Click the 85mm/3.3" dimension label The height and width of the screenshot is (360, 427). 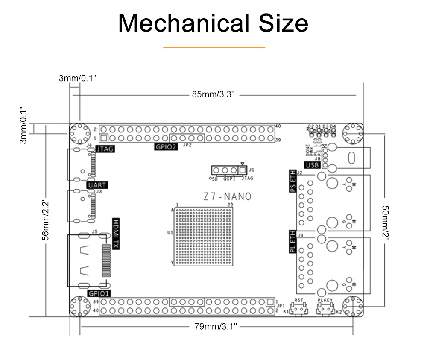(213, 94)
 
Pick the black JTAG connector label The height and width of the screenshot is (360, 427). (105, 149)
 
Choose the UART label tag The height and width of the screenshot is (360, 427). (97, 185)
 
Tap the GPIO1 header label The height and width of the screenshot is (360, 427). (99, 293)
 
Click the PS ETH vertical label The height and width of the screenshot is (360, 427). (292, 181)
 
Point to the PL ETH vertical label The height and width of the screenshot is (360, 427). (292, 242)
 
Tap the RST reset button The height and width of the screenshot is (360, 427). (298, 309)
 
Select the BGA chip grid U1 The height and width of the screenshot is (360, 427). (204, 237)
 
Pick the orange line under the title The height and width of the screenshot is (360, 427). (214, 47)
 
